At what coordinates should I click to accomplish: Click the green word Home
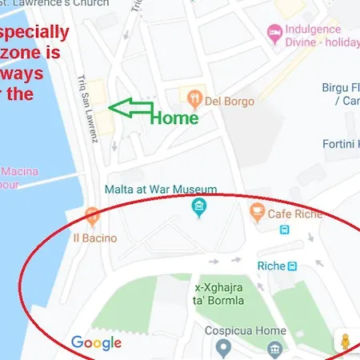click(174, 118)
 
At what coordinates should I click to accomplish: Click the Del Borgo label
click(230, 102)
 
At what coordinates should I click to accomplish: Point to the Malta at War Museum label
click(161, 190)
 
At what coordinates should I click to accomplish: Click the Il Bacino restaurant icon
click(94, 215)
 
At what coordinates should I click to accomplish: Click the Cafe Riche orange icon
click(257, 211)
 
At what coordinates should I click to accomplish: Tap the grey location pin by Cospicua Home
click(224, 348)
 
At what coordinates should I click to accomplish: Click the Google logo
click(96, 343)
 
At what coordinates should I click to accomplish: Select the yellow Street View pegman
click(345, 342)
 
